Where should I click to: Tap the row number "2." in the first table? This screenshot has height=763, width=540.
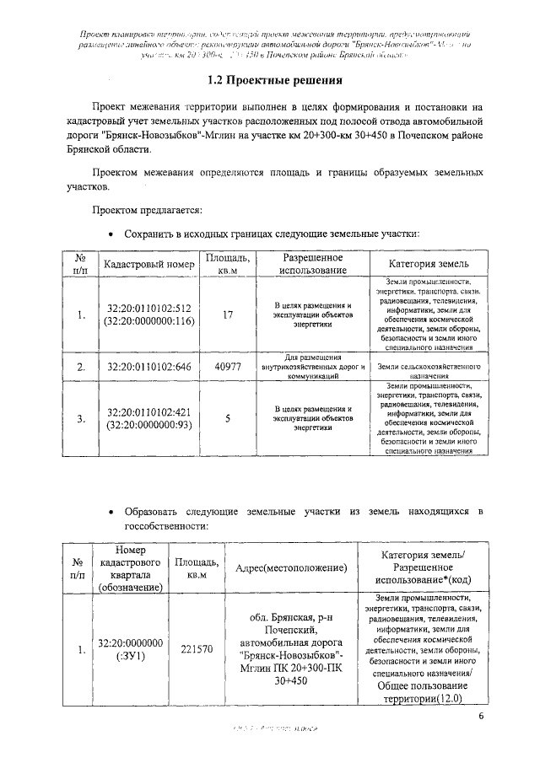click(81, 367)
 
